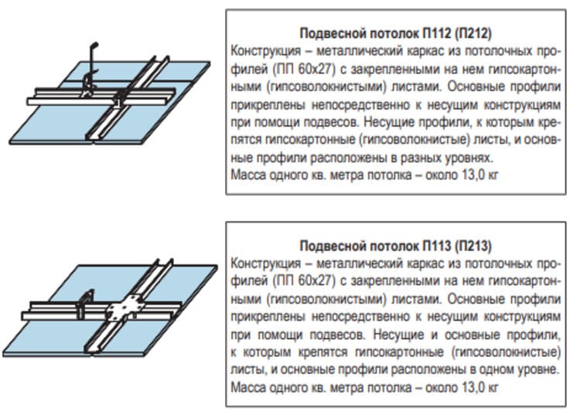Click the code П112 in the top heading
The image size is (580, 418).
pos(436,33)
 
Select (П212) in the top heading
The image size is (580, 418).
pos(473,33)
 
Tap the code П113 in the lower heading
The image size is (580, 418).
pos(436,246)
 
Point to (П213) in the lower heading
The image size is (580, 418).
pos(473,246)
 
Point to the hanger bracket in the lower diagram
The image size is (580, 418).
pos(86,303)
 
